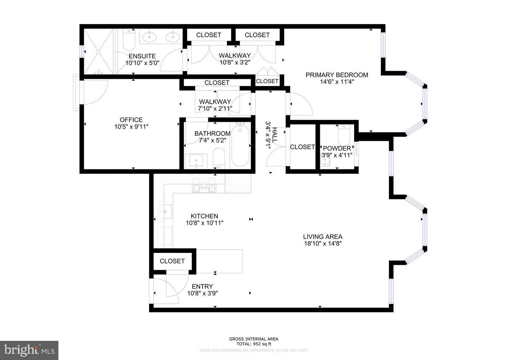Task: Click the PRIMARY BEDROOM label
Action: point(337,75)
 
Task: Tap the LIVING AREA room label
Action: point(322,237)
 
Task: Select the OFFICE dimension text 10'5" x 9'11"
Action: point(131,127)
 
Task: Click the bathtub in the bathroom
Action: point(240,145)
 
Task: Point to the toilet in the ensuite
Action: point(129,40)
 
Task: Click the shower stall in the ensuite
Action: point(99,52)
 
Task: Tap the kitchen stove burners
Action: point(204,185)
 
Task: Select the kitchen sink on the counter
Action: point(165,212)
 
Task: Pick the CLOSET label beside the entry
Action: point(172,261)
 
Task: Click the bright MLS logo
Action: point(29,350)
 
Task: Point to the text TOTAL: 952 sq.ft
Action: point(253,344)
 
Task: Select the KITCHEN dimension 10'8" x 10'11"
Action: point(204,223)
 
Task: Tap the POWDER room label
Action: point(337,149)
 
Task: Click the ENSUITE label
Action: point(142,56)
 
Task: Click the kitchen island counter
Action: point(220,261)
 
